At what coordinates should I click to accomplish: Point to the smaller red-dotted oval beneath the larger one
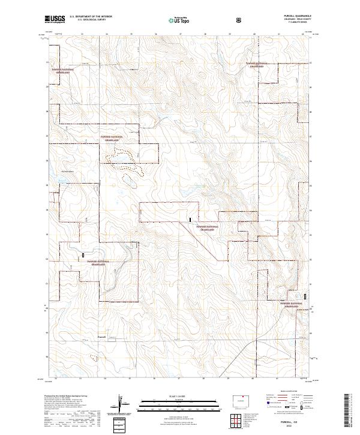coord(130,178)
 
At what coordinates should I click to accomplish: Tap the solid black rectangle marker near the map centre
coord(190,220)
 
